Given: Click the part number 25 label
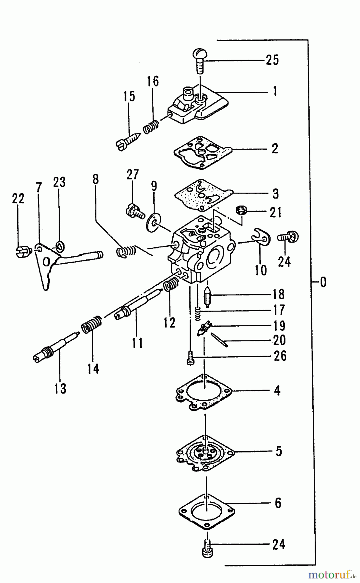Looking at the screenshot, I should point(272,60).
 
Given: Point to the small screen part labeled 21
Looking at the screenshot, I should point(241,211).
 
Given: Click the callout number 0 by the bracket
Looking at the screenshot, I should point(323,282).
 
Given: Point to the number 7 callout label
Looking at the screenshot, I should point(39,188).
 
